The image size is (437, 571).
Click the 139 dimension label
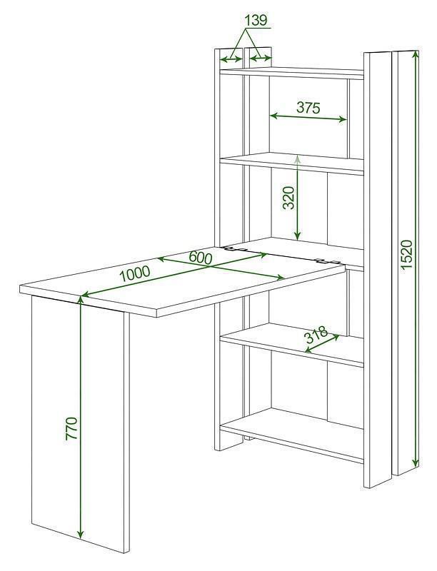(256, 21)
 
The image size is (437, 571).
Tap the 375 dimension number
(308, 108)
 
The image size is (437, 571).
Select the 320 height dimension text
(288, 198)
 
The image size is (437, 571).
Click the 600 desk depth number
(200, 258)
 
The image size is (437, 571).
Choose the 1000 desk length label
(135, 273)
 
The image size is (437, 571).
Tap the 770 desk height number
(71, 429)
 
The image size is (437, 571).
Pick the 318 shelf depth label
(316, 335)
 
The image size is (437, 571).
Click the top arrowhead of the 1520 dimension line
(415, 55)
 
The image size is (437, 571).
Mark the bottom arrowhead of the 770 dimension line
(81, 534)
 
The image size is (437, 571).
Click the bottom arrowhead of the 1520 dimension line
(415, 463)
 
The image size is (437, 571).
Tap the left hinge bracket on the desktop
(236, 249)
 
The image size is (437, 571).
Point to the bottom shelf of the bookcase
(292, 435)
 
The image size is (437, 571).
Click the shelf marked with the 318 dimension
(292, 345)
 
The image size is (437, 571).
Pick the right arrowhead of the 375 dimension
(342, 119)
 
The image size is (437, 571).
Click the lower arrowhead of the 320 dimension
(298, 236)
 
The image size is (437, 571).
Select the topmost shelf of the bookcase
(292, 73)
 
